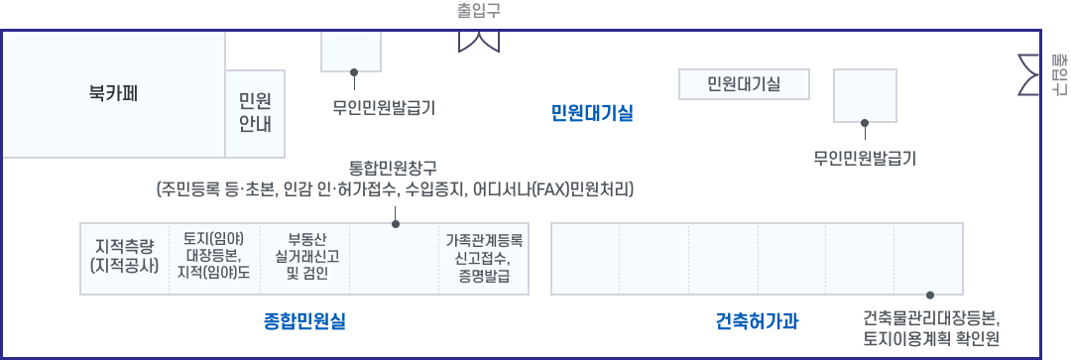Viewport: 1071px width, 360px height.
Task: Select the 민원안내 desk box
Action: coord(255,113)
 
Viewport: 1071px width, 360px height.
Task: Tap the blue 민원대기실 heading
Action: coord(592,112)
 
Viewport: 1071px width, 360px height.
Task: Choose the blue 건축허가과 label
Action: coord(758,321)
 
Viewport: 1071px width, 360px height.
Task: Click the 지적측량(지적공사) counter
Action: coord(124,257)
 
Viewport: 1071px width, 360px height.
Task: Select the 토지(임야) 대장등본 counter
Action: coord(214,257)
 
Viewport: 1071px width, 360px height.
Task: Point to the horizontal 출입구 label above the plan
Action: coord(479,11)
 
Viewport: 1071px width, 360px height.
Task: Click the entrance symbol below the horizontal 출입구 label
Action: coord(478,41)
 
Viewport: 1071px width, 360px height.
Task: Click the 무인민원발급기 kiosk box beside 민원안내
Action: coord(351,51)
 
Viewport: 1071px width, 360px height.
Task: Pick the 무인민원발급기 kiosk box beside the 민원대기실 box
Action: coord(865,95)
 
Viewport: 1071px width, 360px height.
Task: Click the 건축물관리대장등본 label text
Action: coord(930,319)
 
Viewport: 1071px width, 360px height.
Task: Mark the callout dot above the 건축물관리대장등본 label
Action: coord(930,296)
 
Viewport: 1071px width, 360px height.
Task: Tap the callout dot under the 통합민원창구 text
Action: coord(396,224)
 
